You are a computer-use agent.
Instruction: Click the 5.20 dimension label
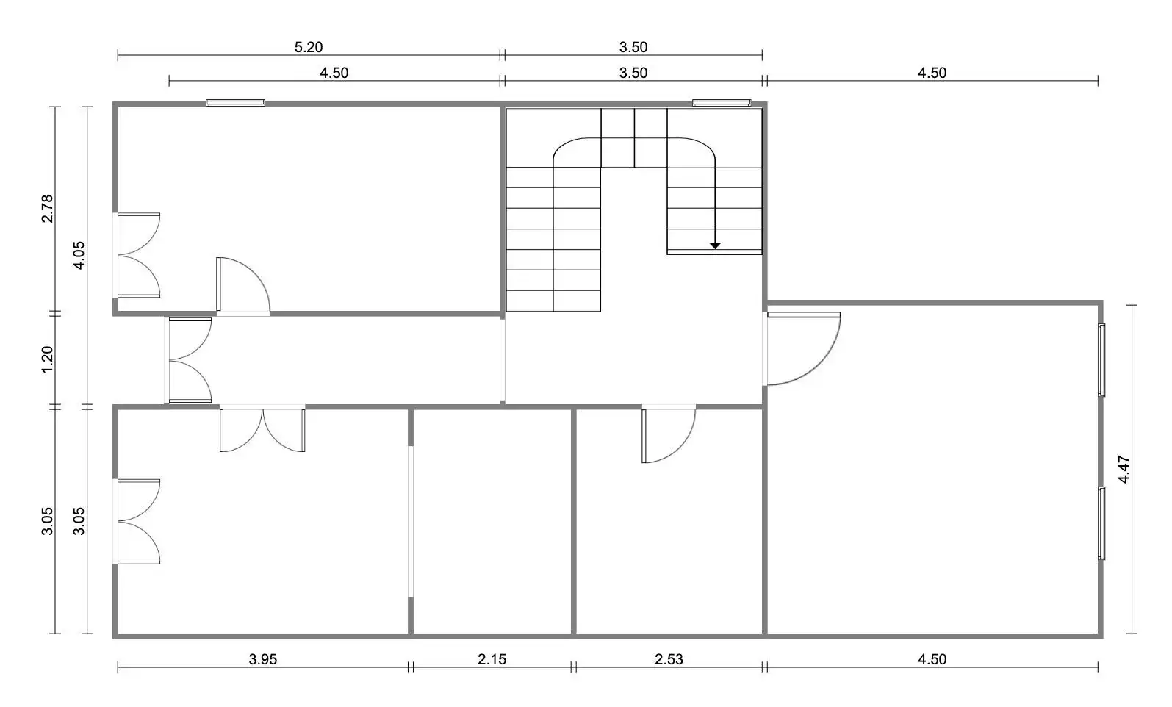coord(308,47)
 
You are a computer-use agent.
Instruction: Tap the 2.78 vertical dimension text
coord(47,208)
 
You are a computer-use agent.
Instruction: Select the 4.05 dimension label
coord(79,255)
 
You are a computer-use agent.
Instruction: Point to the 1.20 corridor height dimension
coord(47,359)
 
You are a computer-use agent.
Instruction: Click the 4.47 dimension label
coord(1124,470)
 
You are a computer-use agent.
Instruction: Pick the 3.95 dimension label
coord(262,659)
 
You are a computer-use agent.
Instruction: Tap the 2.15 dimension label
coord(492,659)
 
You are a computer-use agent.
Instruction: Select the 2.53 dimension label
coord(669,659)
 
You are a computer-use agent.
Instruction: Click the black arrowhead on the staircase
coord(715,245)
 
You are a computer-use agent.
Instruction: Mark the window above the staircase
coord(722,103)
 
